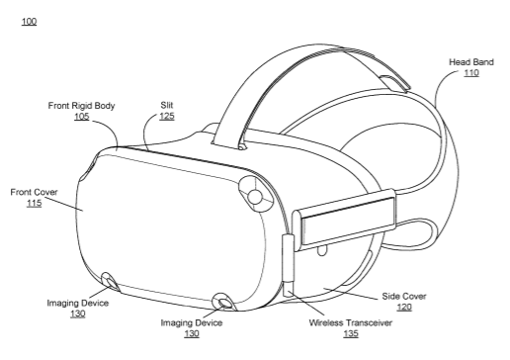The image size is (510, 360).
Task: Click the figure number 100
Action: [29, 22]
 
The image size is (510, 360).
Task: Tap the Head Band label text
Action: [471, 62]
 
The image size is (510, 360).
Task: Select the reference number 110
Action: [471, 72]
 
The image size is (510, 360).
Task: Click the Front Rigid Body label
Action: [81, 106]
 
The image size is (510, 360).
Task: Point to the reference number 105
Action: [81, 117]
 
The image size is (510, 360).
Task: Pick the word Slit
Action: [167, 105]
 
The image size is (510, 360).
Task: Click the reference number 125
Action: [167, 116]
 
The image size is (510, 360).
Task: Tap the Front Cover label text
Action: [34, 192]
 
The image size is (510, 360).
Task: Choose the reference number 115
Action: [35, 203]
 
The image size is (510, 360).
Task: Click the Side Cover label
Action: [404, 296]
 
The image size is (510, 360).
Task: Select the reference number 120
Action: [404, 307]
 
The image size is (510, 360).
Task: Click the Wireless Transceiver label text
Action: [351, 322]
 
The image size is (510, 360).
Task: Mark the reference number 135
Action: [351, 333]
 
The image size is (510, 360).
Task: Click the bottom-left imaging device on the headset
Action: [110, 282]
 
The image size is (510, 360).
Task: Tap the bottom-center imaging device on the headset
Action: [223, 302]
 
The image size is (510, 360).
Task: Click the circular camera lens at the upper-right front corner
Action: [255, 197]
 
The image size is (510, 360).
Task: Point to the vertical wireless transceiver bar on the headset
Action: [288, 265]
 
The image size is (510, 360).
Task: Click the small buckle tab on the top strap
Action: [394, 83]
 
